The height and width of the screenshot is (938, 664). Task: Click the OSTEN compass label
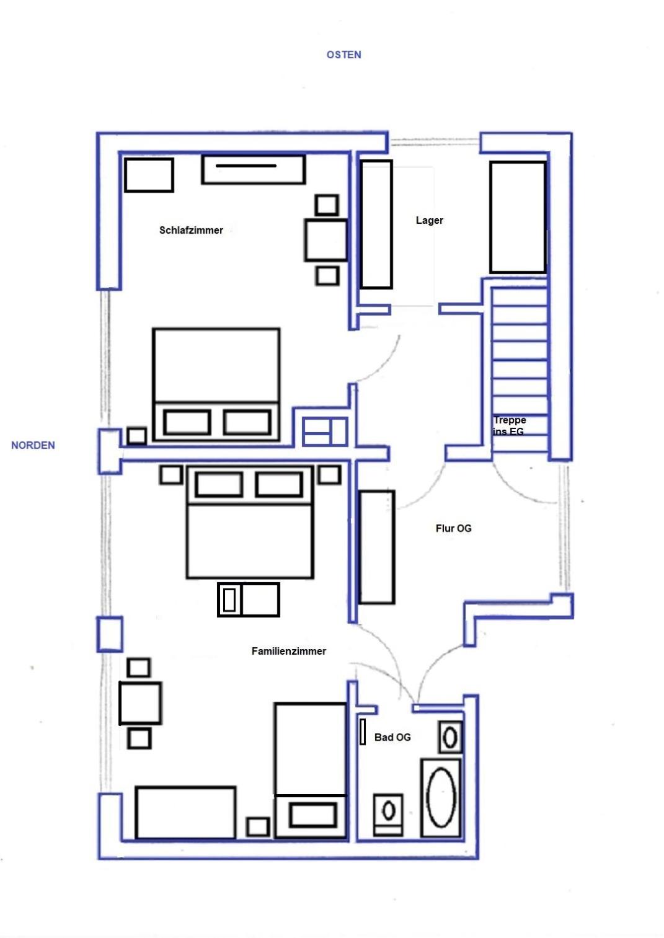343,55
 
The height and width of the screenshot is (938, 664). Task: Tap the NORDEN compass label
33,445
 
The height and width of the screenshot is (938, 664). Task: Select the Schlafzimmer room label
191,230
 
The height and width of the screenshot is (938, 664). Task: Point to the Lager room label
429,220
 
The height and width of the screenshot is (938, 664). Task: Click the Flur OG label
453,528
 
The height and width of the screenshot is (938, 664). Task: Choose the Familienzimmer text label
288,651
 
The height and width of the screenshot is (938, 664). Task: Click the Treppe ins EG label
509,425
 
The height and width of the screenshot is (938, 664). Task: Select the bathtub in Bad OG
441,798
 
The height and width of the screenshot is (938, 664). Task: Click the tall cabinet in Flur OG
377,547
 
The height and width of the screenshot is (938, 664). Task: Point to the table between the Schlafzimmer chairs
325,240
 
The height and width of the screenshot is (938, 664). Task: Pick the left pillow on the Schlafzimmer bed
187,423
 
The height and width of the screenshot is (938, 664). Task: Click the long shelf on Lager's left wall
376,224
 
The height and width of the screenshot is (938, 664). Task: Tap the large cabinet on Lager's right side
518,218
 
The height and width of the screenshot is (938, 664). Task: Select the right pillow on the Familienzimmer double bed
279,484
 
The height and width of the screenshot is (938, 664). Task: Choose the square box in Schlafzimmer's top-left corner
149,175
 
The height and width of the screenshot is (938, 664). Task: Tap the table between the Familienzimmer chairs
140,704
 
